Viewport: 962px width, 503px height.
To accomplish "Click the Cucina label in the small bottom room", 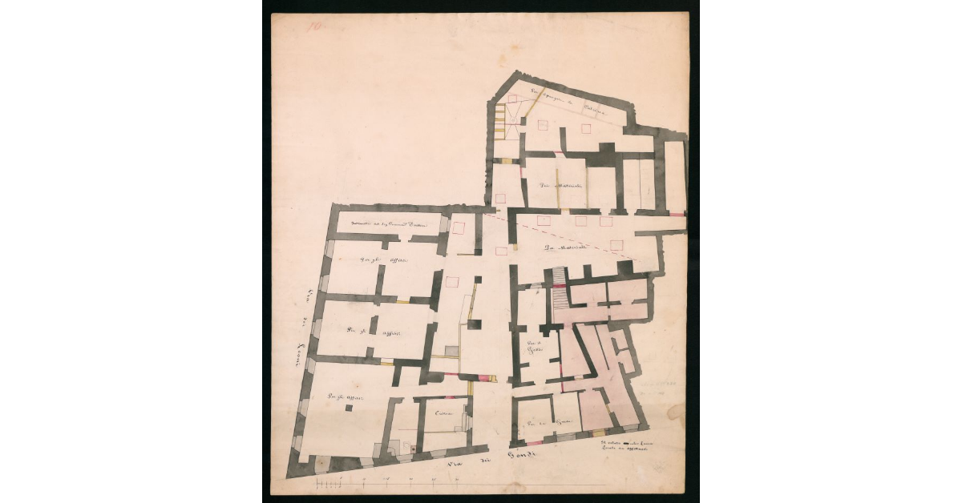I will (x=443, y=413).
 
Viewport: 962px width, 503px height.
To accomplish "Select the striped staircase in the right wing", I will (x=559, y=296).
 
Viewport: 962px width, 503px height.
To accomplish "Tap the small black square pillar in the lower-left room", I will (x=349, y=408).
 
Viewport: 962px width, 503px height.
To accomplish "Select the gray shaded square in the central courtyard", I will (x=453, y=351).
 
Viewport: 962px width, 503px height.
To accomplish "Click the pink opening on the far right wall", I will (x=677, y=214).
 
